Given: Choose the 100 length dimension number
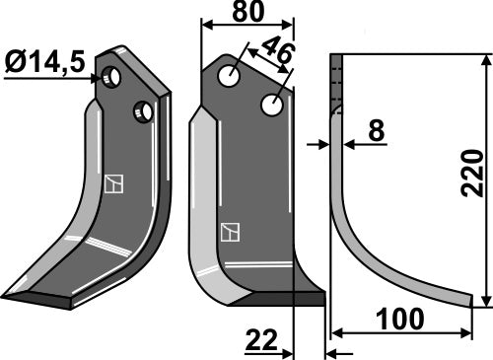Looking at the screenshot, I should tap(399, 321).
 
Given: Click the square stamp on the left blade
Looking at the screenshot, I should tap(113, 183).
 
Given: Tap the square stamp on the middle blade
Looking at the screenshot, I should tap(231, 233).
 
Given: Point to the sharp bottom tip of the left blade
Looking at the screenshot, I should tap(6, 295).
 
